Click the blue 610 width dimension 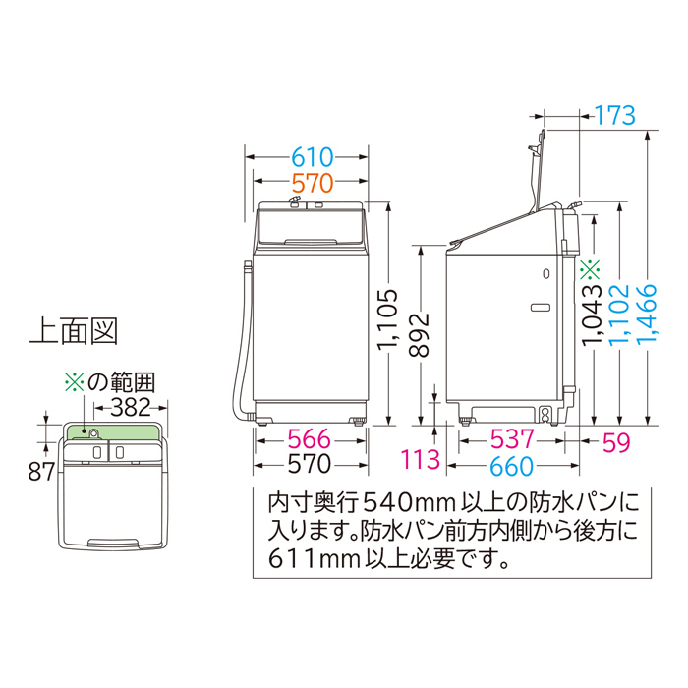tap(313, 157)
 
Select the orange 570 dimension tap(313, 184)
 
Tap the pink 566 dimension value tap(309, 439)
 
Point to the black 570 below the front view tap(309, 464)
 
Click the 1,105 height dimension tap(388, 319)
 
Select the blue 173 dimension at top tap(614, 115)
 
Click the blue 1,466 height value tap(647, 315)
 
